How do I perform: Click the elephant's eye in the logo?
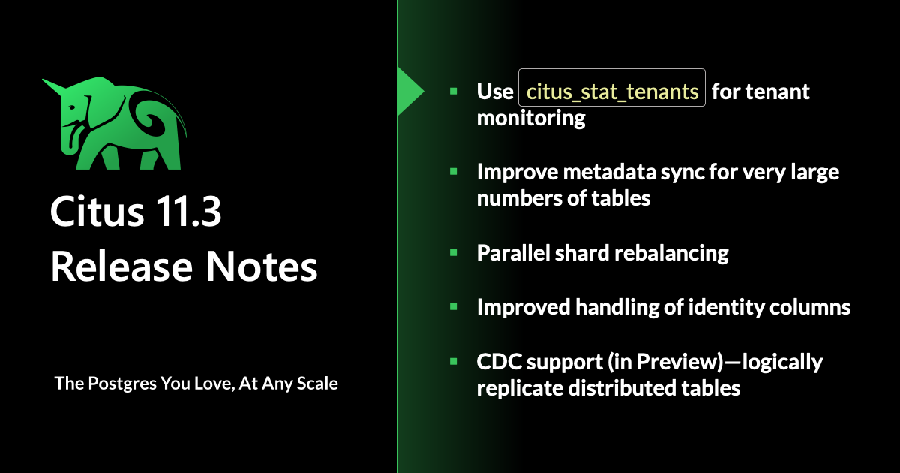click(x=72, y=107)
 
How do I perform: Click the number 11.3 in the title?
click(x=187, y=212)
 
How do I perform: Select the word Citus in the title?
click(x=97, y=212)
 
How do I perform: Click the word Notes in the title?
click(x=262, y=267)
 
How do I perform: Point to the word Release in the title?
click(x=121, y=267)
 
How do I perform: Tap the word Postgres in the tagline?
click(x=122, y=384)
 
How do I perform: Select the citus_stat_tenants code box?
click(x=612, y=88)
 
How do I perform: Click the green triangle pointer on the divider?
click(x=409, y=92)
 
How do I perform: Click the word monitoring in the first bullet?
click(x=531, y=119)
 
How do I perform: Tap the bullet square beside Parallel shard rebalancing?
click(x=454, y=252)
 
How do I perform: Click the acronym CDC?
click(x=498, y=362)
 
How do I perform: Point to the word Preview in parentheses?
click(x=679, y=362)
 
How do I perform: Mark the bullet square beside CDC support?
click(x=454, y=361)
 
